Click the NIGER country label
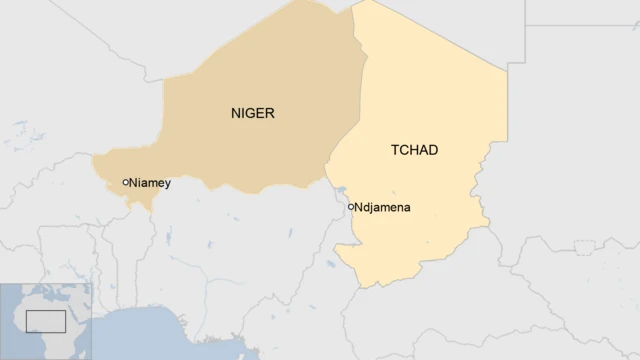pyautogui.click(x=251, y=113)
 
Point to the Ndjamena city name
pyautogui.click(x=384, y=207)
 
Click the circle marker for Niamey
pyautogui.click(x=125, y=182)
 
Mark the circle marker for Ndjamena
pyautogui.click(x=350, y=206)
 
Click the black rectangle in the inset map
pyautogui.click(x=46, y=321)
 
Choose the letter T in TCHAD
pyautogui.click(x=393, y=150)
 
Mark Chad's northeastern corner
pyautogui.click(x=505, y=68)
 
